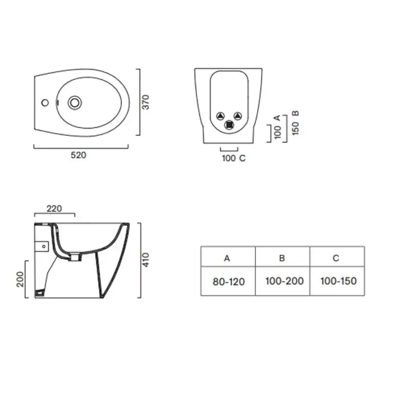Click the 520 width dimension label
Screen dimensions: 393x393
(x=79, y=155)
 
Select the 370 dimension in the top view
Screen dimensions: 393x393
(x=145, y=102)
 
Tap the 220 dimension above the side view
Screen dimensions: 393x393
(x=54, y=208)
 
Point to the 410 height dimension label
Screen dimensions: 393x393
(x=145, y=260)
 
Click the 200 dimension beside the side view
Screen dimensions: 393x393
(x=20, y=279)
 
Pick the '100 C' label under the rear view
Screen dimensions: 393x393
(x=234, y=158)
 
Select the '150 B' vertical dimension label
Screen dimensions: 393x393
(x=296, y=123)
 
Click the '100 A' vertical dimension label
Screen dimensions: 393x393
(x=277, y=127)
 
